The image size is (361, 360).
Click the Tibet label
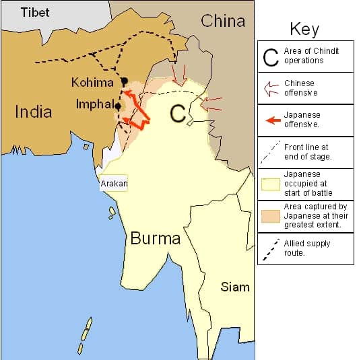(x=35, y=13)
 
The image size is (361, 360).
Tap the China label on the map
(x=223, y=21)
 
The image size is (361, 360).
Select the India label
(x=33, y=112)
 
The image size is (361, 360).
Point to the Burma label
(x=156, y=238)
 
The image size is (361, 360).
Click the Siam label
(x=235, y=287)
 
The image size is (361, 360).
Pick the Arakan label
(x=114, y=183)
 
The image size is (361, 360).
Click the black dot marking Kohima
(x=124, y=81)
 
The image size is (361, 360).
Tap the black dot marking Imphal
(x=118, y=106)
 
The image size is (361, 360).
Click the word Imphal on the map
(x=94, y=104)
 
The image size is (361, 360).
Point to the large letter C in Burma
(x=177, y=114)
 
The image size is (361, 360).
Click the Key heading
(x=304, y=29)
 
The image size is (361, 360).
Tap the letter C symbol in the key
(x=271, y=57)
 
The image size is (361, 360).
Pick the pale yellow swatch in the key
(x=271, y=184)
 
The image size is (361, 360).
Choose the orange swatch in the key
(x=271, y=216)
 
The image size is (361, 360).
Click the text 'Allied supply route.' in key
(x=308, y=248)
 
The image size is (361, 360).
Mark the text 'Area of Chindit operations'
(x=313, y=56)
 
